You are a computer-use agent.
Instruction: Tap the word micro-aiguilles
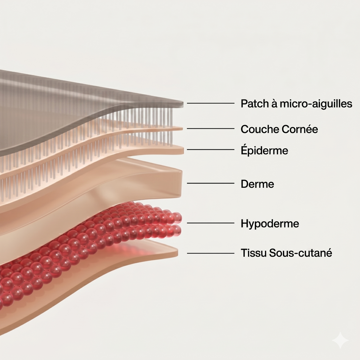coord(316,104)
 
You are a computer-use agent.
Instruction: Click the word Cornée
coord(300,129)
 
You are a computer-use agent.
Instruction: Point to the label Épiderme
coord(264,150)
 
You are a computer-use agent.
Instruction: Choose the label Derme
coord(257,184)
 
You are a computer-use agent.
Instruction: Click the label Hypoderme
coord(270,224)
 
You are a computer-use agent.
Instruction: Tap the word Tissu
coord(253,253)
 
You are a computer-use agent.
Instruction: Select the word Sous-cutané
coord(301,253)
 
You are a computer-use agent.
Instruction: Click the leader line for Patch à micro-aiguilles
coord(211,103)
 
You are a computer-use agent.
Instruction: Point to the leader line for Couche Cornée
coord(211,129)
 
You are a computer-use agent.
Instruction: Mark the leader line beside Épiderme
coord(211,149)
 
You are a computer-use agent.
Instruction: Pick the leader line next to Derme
coord(211,183)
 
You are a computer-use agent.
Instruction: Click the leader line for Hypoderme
coord(211,223)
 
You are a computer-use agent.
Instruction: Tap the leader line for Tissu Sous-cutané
coord(211,253)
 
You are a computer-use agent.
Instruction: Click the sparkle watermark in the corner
coord(341,340)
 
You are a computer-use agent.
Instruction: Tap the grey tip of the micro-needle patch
coord(181,104)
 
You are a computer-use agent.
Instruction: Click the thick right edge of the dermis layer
coord(180,184)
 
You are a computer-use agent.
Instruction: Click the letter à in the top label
coord(274,103)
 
